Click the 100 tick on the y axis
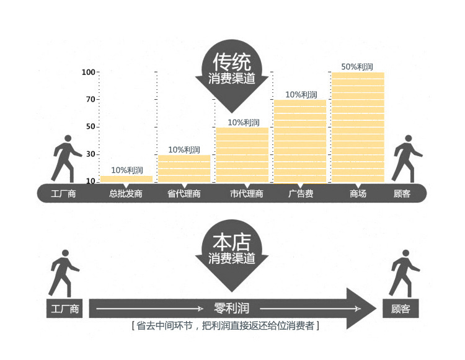point(89,72)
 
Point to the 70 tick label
point(91,99)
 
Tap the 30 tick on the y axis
point(91,154)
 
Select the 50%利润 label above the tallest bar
point(356,67)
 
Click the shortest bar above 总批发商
point(126,179)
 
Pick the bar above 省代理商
point(184,169)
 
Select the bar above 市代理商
point(242,155)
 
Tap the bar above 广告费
point(300,141)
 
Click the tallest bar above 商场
point(358,128)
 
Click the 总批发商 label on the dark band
point(126,194)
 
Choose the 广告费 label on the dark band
point(301,194)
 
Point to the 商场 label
point(358,194)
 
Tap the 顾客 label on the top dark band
point(402,194)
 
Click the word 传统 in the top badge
point(232,62)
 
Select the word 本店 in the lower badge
point(232,242)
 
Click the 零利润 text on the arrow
point(232,308)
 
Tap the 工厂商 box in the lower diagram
point(64,309)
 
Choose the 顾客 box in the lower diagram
point(401,309)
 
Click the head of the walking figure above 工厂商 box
point(65,253)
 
